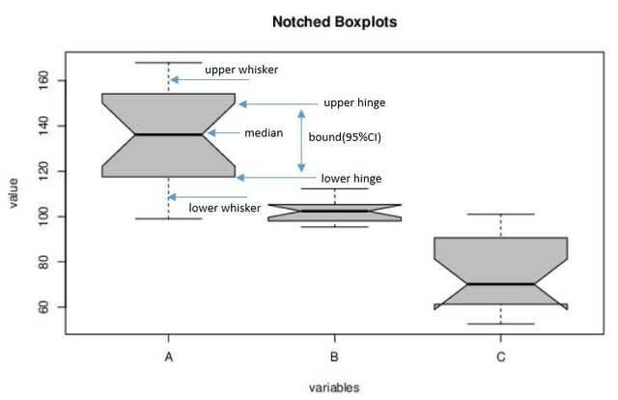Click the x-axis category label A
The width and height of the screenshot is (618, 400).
pyautogui.click(x=169, y=357)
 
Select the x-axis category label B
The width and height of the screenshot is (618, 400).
pyautogui.click(x=334, y=357)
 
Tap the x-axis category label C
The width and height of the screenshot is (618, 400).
pyautogui.click(x=500, y=357)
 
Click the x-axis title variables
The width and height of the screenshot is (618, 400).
pyautogui.click(x=334, y=387)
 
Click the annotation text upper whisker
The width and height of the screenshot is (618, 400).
pyautogui.click(x=241, y=70)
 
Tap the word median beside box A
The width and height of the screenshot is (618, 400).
pyautogui.click(x=264, y=133)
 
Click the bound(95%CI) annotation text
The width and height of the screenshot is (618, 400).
pyautogui.click(x=345, y=137)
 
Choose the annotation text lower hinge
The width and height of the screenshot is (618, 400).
pyautogui.click(x=351, y=179)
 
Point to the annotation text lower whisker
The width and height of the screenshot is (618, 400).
pyautogui.click(x=224, y=208)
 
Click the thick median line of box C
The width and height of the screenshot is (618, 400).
pyautogui.click(x=500, y=284)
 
